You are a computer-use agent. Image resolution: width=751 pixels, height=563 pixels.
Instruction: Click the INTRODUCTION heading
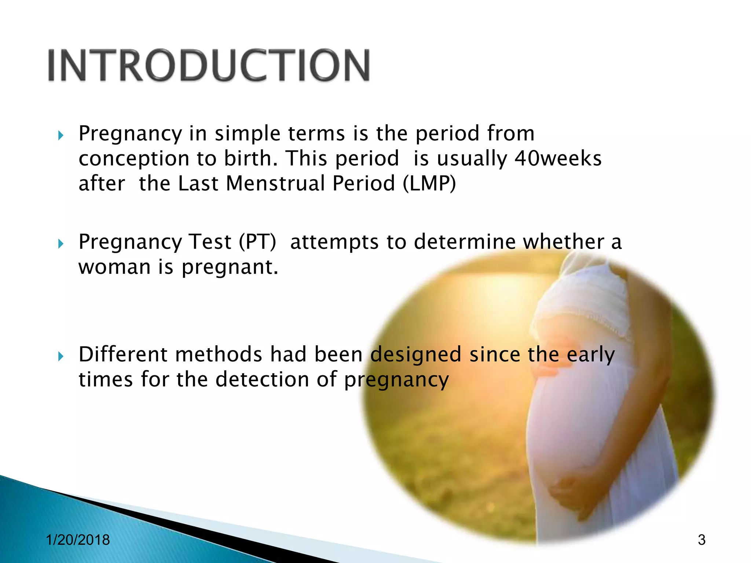(x=209, y=65)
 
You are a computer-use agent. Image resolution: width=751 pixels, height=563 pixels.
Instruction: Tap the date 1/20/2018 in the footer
(x=78, y=540)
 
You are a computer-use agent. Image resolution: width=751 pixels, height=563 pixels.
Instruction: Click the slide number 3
(x=701, y=540)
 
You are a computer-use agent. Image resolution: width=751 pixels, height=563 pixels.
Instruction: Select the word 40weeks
(x=558, y=158)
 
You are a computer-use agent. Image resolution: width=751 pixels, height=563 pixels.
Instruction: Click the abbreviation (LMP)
(x=429, y=183)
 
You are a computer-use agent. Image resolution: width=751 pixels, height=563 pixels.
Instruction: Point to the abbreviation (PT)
(x=257, y=242)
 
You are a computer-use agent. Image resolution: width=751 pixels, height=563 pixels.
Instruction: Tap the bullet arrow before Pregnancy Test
(x=61, y=243)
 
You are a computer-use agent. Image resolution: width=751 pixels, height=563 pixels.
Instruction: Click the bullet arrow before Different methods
(x=61, y=356)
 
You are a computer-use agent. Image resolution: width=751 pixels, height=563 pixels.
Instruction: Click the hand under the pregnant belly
(x=572, y=491)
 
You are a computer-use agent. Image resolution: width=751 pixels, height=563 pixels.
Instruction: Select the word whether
(x=563, y=242)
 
